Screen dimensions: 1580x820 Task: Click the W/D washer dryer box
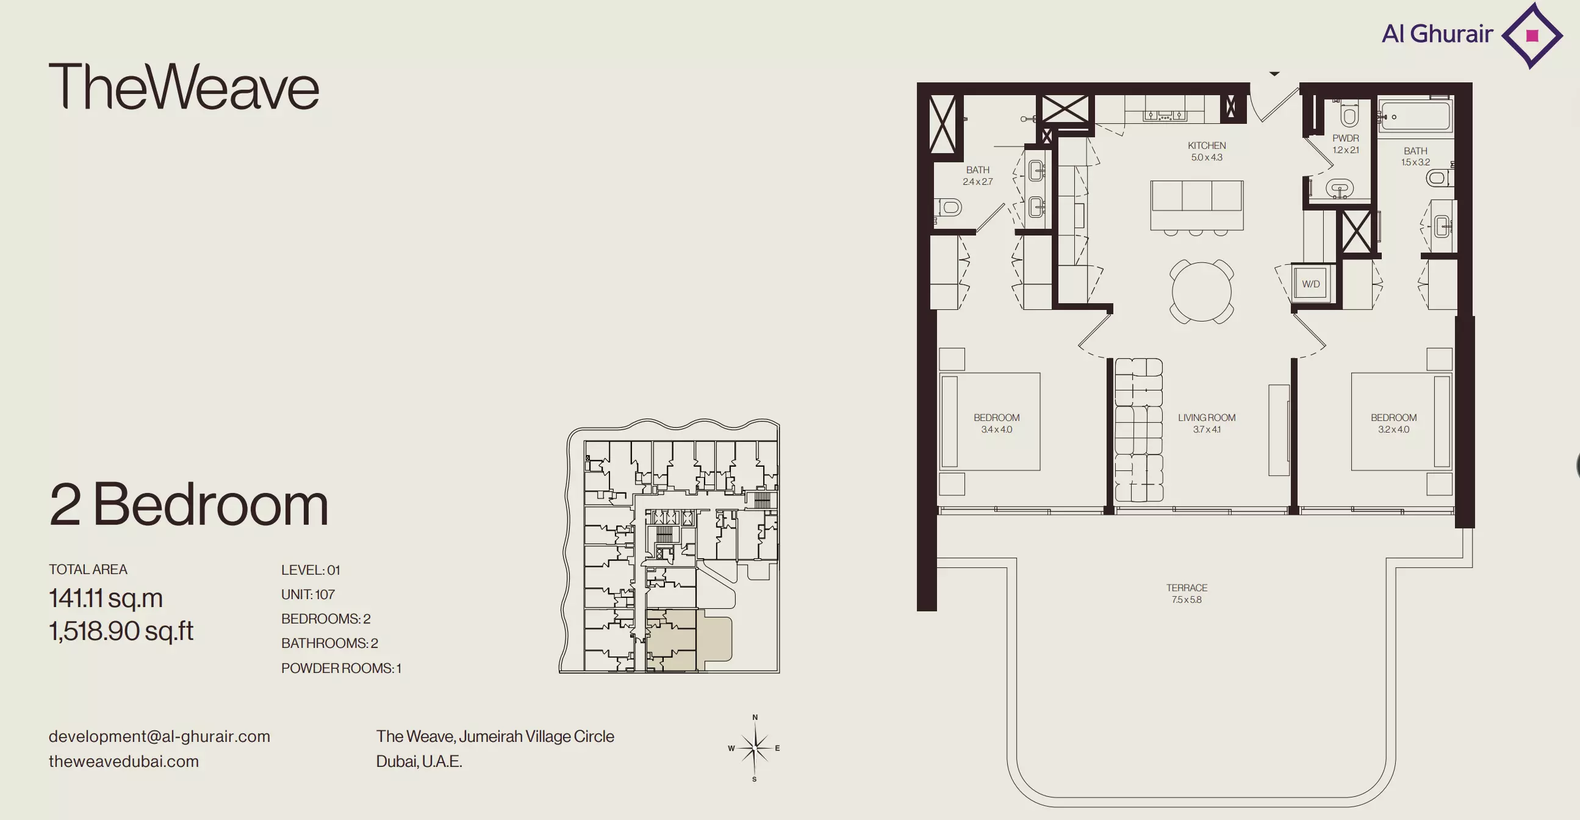point(1312,283)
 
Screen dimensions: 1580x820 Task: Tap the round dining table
point(1202,292)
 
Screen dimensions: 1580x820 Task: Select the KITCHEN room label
point(1207,145)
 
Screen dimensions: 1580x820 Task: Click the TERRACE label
point(1187,588)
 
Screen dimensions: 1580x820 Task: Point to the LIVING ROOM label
point(1207,418)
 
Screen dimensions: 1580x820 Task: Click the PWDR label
point(1346,138)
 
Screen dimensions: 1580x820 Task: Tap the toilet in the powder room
point(1349,113)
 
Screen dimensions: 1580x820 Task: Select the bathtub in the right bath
point(1415,116)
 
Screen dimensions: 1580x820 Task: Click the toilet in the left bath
point(948,207)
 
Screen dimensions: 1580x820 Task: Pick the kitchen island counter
point(1197,205)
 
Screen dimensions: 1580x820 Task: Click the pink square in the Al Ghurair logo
point(1532,35)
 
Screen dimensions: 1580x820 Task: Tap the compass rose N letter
point(755,717)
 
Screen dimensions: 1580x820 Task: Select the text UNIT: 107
point(308,594)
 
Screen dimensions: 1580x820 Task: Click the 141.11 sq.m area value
point(106,598)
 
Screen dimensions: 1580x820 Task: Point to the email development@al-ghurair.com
point(159,736)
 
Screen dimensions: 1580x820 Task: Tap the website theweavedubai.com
point(124,761)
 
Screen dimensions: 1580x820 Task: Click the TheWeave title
point(184,87)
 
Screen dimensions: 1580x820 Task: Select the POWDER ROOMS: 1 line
point(341,668)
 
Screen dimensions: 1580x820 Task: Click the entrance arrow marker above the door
point(1274,74)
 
